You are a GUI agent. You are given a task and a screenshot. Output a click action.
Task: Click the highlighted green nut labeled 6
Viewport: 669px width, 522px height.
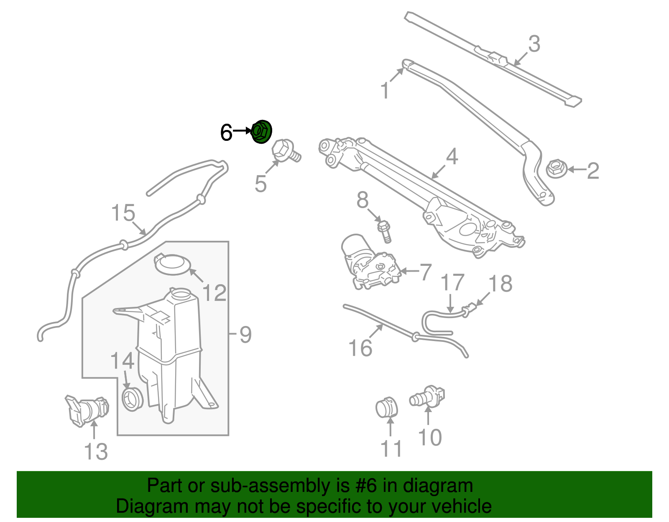coord(261,132)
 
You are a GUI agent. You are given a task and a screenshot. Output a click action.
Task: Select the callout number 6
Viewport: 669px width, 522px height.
coord(226,133)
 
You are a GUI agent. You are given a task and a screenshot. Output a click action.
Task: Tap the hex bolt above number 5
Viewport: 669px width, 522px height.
coord(286,152)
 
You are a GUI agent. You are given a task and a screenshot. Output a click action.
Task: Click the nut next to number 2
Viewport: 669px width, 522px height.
coord(556,169)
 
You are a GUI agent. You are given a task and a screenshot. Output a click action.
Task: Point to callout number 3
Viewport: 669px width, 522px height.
coord(534,44)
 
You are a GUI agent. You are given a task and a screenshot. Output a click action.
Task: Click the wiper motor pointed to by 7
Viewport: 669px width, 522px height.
coord(370,262)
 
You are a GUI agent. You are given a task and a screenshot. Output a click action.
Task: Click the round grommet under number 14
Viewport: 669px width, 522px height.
coord(132,398)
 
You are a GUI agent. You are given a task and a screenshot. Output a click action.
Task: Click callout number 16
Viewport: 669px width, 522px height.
coord(360,348)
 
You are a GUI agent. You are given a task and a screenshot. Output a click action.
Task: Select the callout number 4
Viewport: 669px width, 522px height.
coord(452,157)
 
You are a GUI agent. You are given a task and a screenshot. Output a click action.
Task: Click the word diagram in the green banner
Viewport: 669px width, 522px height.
coord(437,486)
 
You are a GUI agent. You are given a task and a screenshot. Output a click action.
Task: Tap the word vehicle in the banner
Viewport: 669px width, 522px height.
coord(462,507)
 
